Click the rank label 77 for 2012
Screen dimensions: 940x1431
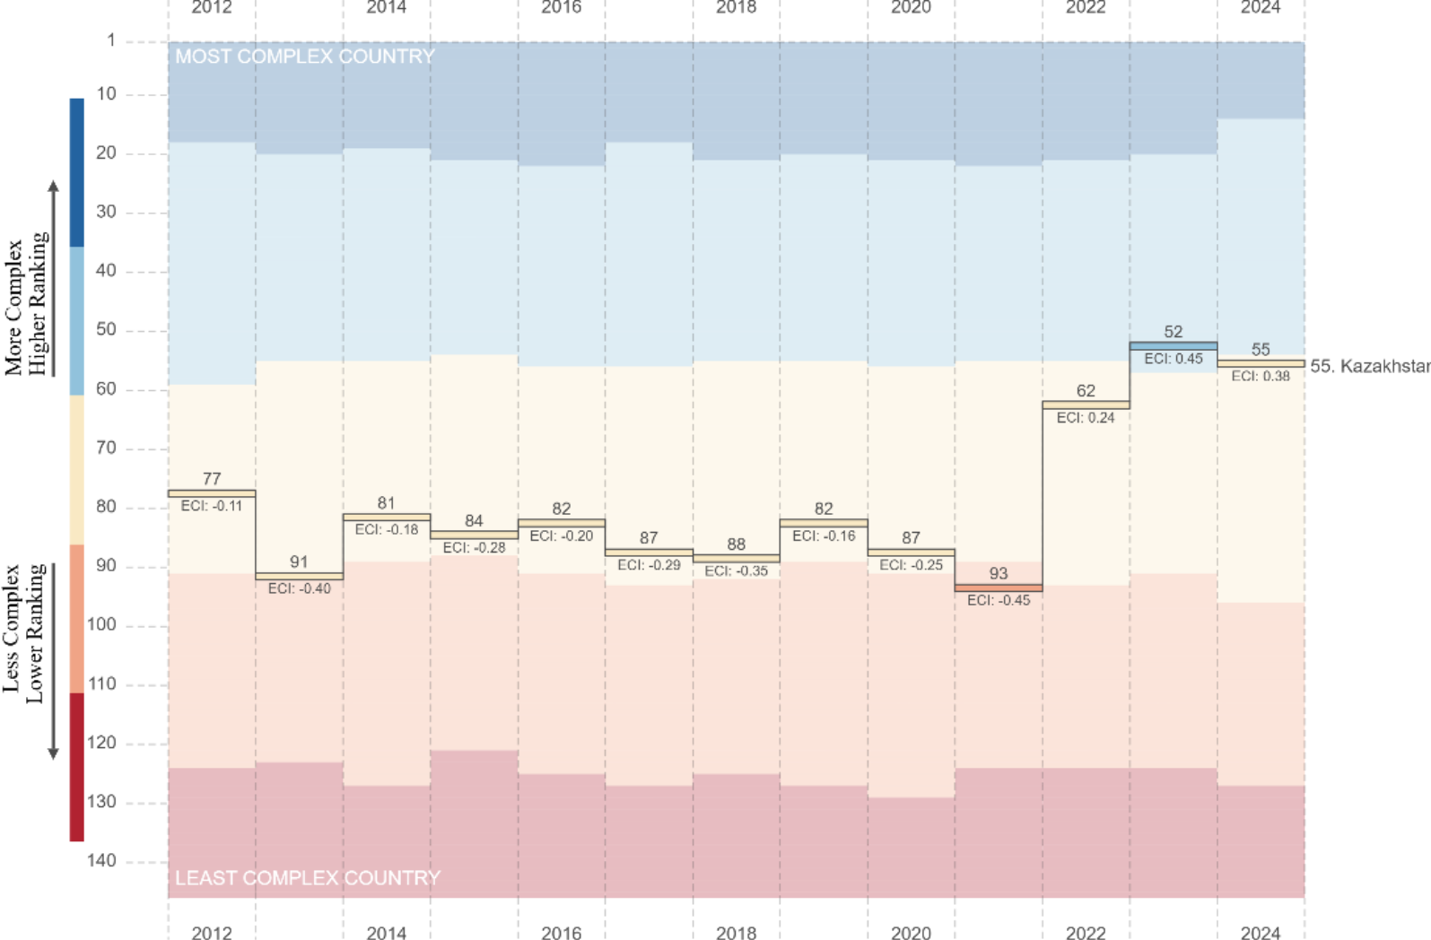click(x=212, y=479)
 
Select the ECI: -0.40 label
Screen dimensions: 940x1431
click(x=299, y=588)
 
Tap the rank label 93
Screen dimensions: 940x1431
click(x=999, y=573)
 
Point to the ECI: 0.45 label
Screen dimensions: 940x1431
click(x=1173, y=359)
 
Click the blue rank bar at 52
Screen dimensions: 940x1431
click(x=1173, y=345)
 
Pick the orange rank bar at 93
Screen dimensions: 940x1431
click(x=999, y=587)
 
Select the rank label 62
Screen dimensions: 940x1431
click(x=1086, y=391)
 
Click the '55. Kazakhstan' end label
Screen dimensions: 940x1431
click(x=1369, y=366)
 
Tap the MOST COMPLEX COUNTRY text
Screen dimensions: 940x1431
click(x=304, y=57)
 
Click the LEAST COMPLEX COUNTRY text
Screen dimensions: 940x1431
click(x=307, y=878)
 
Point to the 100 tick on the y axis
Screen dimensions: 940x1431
click(x=102, y=625)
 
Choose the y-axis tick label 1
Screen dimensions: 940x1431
click(x=111, y=40)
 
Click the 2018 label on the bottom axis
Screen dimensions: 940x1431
click(x=736, y=933)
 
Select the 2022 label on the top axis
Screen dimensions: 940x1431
click(x=1086, y=8)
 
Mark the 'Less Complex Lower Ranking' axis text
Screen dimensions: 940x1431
click(x=23, y=632)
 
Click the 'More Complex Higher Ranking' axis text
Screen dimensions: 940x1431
click(x=25, y=305)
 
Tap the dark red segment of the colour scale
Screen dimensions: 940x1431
click(x=77, y=767)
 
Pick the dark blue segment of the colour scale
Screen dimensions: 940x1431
click(x=77, y=172)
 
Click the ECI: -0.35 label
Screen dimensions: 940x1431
click(x=736, y=570)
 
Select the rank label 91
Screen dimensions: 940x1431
click(x=299, y=561)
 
